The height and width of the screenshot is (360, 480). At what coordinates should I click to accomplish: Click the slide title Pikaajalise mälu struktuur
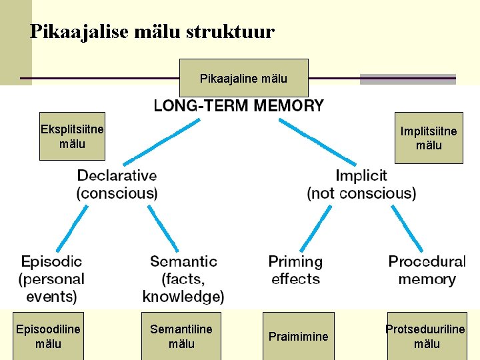[152, 31]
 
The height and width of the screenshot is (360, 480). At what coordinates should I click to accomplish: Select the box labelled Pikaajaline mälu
[243, 78]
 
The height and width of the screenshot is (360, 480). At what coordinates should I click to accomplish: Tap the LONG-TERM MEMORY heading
[239, 105]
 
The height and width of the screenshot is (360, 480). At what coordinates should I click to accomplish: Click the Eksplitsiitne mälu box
[72, 136]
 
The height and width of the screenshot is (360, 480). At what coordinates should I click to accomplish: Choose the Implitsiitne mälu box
[429, 138]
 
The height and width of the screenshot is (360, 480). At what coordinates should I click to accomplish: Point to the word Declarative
[117, 176]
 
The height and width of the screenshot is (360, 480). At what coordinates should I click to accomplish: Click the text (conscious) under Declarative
[117, 193]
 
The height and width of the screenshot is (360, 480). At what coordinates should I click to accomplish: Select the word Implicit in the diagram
[361, 176]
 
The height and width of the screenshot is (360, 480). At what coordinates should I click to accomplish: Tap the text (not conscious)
[361, 193]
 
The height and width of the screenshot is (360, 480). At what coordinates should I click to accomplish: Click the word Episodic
[51, 261]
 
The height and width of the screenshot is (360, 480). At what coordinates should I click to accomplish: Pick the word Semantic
[183, 261]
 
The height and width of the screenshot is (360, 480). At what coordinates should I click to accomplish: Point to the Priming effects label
[295, 270]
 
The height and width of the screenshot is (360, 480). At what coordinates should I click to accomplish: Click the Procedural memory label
[427, 270]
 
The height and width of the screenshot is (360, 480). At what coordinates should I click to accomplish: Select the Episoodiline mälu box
[48, 336]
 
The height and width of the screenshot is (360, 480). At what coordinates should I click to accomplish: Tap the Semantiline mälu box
[181, 336]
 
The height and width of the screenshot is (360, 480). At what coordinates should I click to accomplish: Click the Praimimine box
[298, 336]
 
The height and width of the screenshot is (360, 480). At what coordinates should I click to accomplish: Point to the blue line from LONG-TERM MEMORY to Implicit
[317, 142]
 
